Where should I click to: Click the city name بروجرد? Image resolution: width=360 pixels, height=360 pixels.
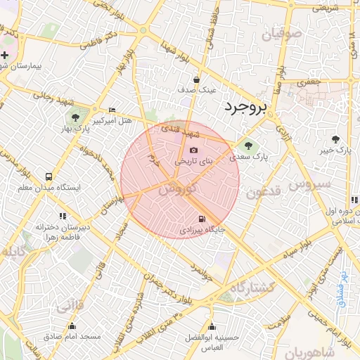[x=247, y=108]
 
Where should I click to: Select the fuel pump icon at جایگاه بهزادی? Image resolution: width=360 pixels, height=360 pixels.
[x=202, y=219]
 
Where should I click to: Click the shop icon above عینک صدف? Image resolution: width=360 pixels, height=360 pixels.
[x=195, y=79]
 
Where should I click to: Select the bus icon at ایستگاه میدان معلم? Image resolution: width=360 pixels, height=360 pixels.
[x=49, y=177]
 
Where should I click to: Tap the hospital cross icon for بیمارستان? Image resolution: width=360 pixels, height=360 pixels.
[x=5, y=55]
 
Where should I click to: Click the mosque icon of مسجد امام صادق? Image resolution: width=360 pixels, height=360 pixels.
[x=72, y=326]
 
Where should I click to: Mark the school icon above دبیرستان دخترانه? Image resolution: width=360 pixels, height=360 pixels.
[x=62, y=216]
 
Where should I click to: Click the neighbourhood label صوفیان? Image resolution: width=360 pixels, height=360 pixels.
[x=281, y=33]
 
